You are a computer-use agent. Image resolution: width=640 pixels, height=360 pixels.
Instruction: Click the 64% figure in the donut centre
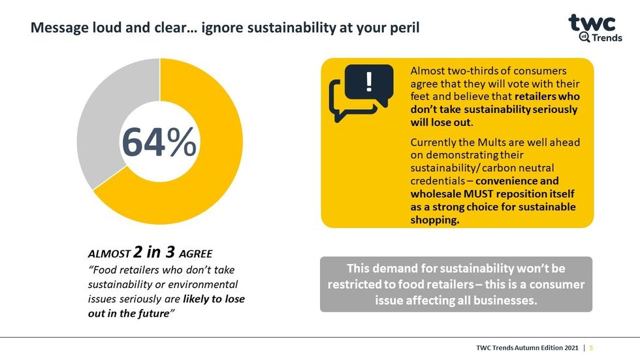click(x=159, y=142)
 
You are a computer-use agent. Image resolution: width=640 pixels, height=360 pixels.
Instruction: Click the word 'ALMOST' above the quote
click(x=108, y=254)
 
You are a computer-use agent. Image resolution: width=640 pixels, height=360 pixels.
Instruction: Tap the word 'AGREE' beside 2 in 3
click(x=195, y=254)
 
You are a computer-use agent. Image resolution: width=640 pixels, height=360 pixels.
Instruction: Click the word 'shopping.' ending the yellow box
click(x=435, y=220)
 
